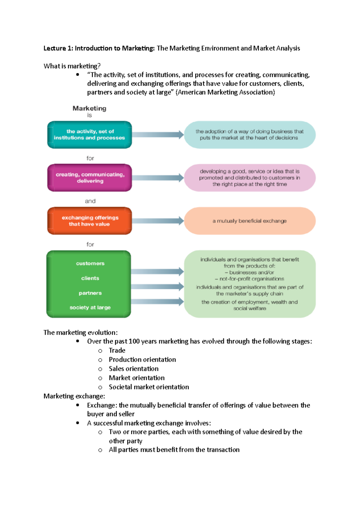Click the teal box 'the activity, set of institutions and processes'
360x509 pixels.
click(89, 135)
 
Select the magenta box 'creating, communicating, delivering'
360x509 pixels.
click(89, 178)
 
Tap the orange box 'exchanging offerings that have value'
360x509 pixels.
click(89, 221)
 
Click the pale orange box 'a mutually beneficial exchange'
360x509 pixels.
click(250, 221)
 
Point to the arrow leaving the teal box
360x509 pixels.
click(158, 135)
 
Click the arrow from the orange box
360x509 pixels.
click(158, 221)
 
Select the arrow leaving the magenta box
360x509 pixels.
click(158, 178)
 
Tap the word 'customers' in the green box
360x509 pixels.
click(90, 263)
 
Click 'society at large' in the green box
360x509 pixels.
click(90, 308)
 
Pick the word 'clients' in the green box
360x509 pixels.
click(90, 278)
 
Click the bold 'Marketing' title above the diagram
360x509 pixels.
click(89, 108)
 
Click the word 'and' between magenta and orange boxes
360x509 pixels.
click(90, 201)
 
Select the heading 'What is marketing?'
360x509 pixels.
click(72, 66)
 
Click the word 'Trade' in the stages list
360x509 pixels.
click(117, 350)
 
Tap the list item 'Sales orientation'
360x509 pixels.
click(133, 369)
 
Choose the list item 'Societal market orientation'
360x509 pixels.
click(149, 387)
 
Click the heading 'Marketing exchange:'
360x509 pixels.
click(74, 396)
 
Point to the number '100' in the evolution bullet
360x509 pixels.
click(134, 341)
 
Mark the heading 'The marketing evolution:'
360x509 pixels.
click(80, 332)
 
